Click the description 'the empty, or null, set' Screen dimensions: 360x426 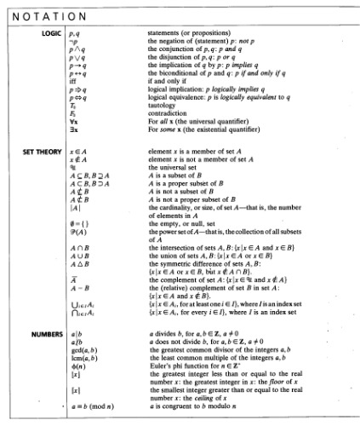coord(181,223)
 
